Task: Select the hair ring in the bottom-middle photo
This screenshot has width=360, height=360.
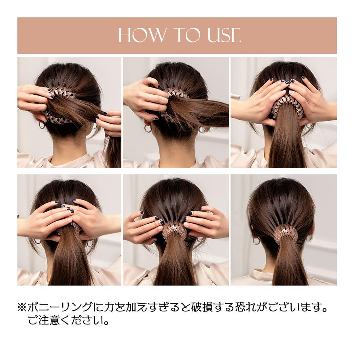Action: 174,229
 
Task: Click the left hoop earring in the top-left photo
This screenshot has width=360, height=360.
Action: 42,125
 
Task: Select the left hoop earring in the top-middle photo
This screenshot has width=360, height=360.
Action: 148,128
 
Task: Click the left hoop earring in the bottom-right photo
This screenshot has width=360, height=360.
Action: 256,241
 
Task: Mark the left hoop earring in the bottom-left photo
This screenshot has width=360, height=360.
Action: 38,241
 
